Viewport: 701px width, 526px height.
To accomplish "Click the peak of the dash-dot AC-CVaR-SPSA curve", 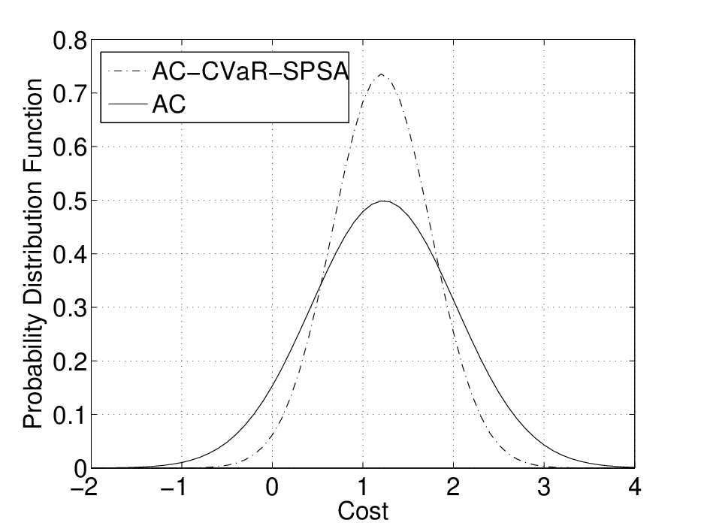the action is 381,74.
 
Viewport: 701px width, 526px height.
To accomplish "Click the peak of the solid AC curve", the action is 384,201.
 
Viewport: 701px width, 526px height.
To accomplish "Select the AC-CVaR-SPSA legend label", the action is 250,71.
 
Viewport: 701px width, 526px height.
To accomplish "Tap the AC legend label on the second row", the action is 169,104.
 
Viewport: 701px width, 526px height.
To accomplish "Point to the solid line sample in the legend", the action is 128,105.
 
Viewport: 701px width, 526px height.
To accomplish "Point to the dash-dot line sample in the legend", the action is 128,71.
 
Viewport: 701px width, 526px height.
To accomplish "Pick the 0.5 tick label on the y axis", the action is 70,201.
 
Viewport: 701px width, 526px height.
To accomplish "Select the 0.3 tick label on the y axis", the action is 70,308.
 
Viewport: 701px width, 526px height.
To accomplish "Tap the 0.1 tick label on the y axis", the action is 70,416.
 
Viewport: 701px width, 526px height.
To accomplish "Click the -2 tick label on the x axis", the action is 85,487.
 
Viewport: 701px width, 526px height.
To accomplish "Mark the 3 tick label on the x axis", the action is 544,487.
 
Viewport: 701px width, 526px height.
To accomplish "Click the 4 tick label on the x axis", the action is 635,487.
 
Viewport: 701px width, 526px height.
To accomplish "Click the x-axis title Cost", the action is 363,511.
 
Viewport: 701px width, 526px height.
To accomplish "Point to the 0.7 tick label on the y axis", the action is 70,95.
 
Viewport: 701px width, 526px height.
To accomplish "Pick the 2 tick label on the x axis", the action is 453,487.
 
